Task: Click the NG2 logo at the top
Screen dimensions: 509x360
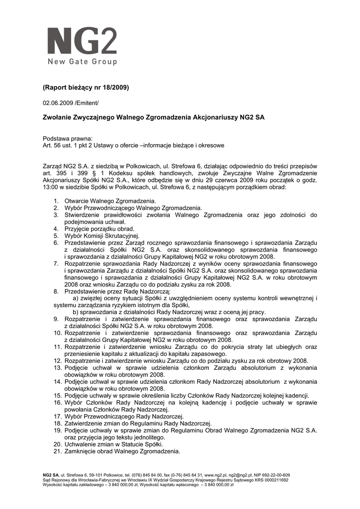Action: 82,41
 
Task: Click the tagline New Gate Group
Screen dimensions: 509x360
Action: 82,62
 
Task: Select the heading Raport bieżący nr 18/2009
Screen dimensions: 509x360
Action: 86,87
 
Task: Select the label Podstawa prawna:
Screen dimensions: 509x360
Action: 68,139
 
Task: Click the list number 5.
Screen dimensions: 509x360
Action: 56,236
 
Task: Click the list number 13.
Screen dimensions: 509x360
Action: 57,367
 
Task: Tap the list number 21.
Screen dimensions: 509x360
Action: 57,451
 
